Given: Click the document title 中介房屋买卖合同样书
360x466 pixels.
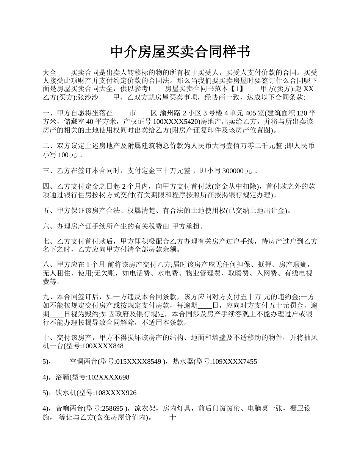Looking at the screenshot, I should (x=180, y=52).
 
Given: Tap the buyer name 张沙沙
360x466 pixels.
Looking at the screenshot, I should (x=88, y=97).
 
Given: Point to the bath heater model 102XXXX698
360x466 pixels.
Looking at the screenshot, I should (x=108, y=377).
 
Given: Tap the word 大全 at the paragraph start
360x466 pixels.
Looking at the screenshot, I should (x=50, y=72).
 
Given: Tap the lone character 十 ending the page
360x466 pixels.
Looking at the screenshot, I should (x=173, y=418).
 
